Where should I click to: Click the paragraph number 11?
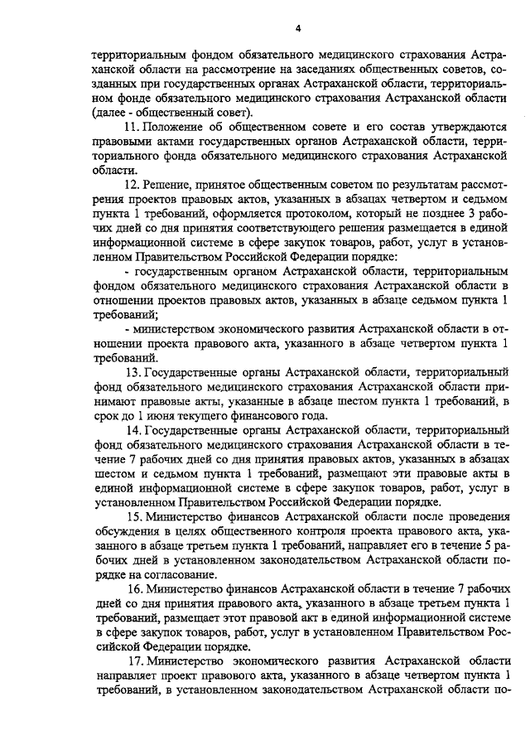pyautogui.click(x=131, y=127)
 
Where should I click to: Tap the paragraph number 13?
pyautogui.click(x=132, y=372)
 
